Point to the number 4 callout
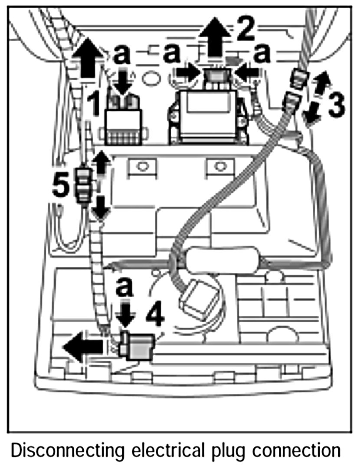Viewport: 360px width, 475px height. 155,316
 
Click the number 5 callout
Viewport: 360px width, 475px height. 60,186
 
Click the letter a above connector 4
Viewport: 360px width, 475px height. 125,287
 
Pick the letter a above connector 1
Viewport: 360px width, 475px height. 122,55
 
